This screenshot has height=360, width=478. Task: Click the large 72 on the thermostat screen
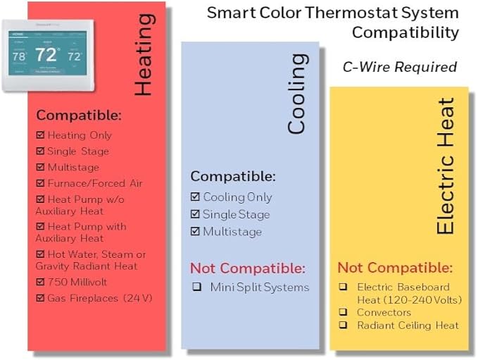click(x=47, y=54)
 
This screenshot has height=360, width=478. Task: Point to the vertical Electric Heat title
click(x=446, y=166)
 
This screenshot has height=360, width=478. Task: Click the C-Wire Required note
click(x=399, y=67)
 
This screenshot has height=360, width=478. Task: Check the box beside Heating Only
click(x=40, y=135)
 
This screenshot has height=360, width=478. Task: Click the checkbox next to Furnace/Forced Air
click(x=40, y=183)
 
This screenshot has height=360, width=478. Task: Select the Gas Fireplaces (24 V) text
click(x=99, y=297)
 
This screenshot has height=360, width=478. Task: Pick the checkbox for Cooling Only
click(x=195, y=197)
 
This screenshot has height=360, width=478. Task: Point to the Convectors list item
click(x=384, y=312)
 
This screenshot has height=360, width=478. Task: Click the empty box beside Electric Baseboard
click(x=342, y=287)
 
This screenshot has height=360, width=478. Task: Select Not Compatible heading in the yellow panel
click(x=395, y=268)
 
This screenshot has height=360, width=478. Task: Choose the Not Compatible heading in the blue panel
click(x=248, y=268)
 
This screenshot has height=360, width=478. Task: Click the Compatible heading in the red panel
click(x=79, y=115)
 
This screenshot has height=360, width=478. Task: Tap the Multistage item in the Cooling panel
click(x=232, y=232)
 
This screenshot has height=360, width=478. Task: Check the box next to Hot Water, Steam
click(x=40, y=254)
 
